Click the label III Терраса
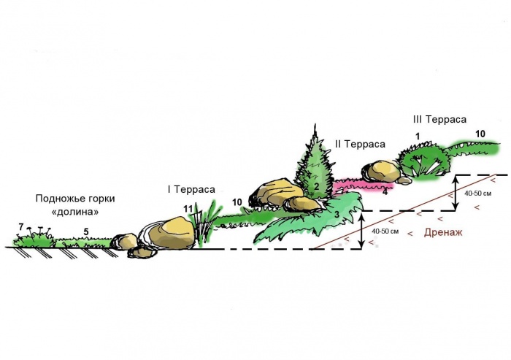tap(439, 119)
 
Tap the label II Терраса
tap(360, 144)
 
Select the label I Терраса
tap(191, 189)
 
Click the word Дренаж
tap(443, 232)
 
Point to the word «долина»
tap(75, 212)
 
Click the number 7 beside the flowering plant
tap(21, 226)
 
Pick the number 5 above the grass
tap(85, 232)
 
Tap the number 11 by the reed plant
tap(188, 209)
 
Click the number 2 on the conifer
tap(316, 187)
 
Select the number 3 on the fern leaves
tap(337, 215)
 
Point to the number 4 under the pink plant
tap(385, 191)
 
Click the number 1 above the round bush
tap(418, 137)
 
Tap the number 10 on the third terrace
tap(480, 134)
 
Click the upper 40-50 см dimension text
tap(478, 194)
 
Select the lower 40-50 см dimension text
tap(385, 231)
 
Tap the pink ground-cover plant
tap(364, 185)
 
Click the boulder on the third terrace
tap(381, 171)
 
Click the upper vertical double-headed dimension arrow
tap(456, 193)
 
